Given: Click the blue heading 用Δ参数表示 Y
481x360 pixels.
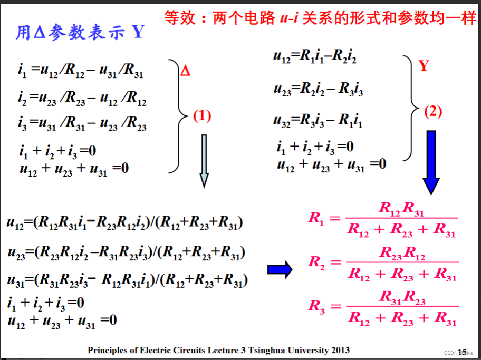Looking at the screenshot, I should [79, 33].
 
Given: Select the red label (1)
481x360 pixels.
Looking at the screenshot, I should [202, 116].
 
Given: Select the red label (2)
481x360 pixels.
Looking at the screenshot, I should [433, 112].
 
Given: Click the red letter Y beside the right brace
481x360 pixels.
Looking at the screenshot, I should [424, 66].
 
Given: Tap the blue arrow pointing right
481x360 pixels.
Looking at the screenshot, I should [280, 269].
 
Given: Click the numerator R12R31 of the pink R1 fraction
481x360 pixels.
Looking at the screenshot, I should [401, 209].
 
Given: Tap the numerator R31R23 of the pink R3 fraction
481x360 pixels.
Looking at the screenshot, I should [402, 297].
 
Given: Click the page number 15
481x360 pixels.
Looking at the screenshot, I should [462, 352].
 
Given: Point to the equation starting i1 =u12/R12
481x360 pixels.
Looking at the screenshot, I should [80, 71].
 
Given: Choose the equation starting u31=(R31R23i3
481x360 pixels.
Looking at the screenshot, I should [127, 280].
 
